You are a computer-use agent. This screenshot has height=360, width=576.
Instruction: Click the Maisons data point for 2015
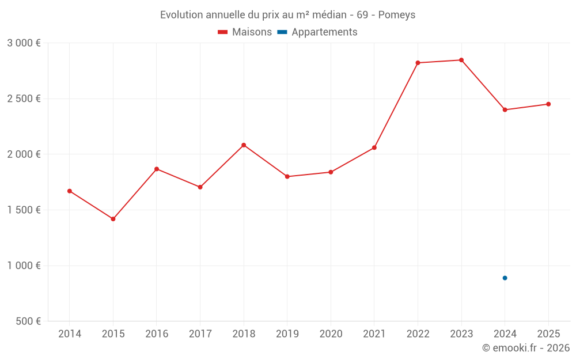coord(113,219)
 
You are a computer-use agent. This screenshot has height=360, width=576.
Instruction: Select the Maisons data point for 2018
coord(244,145)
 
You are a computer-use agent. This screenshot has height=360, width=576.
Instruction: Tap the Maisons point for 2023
coord(461,60)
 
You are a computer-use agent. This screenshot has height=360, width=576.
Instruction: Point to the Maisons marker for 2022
coord(418,63)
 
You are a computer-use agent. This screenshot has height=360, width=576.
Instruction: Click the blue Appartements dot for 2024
coord(505,278)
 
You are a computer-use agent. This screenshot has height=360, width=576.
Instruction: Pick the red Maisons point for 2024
coord(505,109)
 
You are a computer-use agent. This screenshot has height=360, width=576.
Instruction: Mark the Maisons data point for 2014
coord(70,191)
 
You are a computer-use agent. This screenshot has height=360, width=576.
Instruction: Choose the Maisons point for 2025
coord(548,104)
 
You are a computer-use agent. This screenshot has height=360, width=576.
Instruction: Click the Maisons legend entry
coord(245,32)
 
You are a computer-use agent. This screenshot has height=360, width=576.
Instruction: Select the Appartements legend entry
coord(317,32)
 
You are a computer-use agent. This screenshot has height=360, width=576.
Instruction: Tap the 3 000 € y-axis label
coord(24,43)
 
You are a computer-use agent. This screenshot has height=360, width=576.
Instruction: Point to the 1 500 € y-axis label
coord(24,210)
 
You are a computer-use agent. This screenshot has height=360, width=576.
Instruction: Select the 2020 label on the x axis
coord(331,334)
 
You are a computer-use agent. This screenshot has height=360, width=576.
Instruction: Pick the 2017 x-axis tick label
coord(200,334)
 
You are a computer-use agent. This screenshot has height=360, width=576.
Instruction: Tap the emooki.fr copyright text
coord(525,348)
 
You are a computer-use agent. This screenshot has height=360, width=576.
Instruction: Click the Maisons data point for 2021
coord(374,147)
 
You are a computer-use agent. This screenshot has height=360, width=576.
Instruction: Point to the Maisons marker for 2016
coord(157,169)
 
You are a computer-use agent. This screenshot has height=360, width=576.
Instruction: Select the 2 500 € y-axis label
coord(24,98)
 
